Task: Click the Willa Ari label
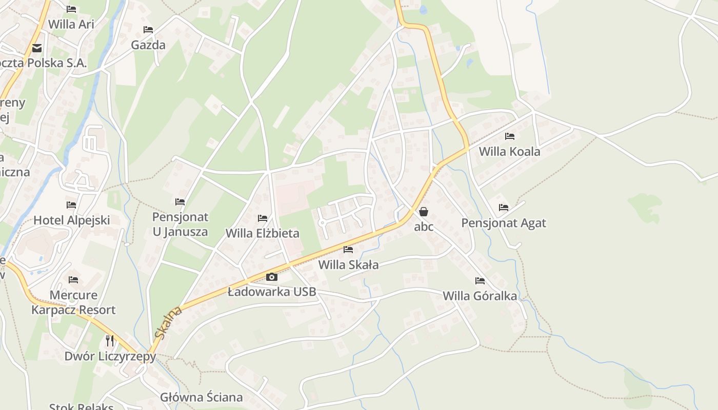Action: pos(71,24)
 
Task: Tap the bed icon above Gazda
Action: pos(148,30)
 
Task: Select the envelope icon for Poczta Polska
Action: pos(36,48)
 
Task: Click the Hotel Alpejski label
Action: pos(72,220)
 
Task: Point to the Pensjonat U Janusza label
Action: pos(180,224)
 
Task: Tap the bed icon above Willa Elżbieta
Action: pos(263,218)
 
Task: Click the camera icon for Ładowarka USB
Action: pos(272,277)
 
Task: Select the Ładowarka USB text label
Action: pos(272,292)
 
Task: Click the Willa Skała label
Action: pos(348,265)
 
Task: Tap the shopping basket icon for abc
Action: pos(424,211)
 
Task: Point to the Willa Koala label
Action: pos(509,152)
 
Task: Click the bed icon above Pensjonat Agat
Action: pos(504,208)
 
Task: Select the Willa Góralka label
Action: pos(480,296)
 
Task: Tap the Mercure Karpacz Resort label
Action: pos(73,302)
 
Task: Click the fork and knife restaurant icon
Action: pos(110,340)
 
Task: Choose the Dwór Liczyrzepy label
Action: pos(110,356)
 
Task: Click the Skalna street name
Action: pos(169,323)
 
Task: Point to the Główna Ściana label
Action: pos(202,397)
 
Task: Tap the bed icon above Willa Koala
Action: pos(509,136)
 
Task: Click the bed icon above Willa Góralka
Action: pos(480,281)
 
